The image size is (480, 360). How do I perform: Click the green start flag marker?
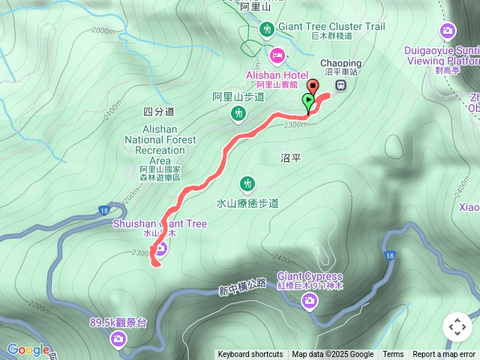[x=308, y=100]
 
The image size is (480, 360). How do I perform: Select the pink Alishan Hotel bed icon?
[x=277, y=54]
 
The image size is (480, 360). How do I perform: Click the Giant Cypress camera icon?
[x=310, y=301]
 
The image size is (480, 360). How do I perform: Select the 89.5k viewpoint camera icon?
[x=118, y=340]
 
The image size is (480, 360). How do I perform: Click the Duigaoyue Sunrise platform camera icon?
[x=448, y=30]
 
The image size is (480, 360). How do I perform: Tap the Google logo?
[x=28, y=349]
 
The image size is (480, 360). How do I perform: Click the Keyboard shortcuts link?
[x=250, y=355]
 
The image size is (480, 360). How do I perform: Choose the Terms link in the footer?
[x=393, y=355]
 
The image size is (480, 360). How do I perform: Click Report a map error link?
[x=444, y=355]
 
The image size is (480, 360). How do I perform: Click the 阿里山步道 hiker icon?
[x=238, y=113]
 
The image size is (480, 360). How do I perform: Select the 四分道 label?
[x=158, y=111]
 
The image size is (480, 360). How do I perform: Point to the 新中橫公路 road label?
[x=243, y=286]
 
